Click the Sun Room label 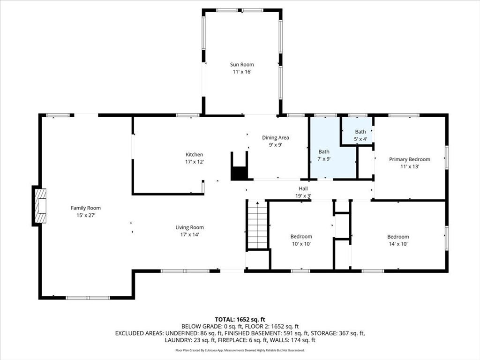[242, 65]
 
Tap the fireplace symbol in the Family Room [40, 206]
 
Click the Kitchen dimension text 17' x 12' [195, 162]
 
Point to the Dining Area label [276, 138]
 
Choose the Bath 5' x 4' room [357, 131]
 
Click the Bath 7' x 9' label [324, 151]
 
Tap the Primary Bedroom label [410, 159]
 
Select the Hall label [303, 188]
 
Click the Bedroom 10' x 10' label [301, 237]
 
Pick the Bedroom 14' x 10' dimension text [398, 244]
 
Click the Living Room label [189, 227]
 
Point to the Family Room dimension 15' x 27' [86, 215]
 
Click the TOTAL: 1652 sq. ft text [240, 320]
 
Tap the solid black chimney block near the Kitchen [239, 173]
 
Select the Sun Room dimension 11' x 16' [242, 72]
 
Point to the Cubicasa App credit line [240, 350]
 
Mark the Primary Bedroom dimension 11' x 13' [410, 167]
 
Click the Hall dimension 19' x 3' [303, 196]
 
